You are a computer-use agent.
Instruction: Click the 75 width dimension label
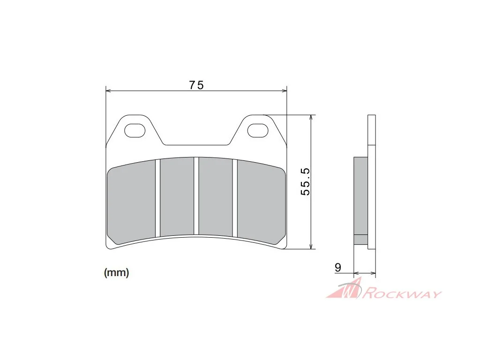(196, 85)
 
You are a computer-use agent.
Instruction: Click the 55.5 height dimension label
(305, 182)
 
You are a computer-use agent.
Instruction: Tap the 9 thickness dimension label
(337, 268)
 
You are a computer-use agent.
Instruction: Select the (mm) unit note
(117, 272)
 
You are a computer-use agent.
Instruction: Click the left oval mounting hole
(135, 130)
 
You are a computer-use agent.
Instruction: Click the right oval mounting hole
(258, 130)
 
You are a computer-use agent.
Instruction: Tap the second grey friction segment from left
(177, 197)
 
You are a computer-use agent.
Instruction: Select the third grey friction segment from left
(216, 197)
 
